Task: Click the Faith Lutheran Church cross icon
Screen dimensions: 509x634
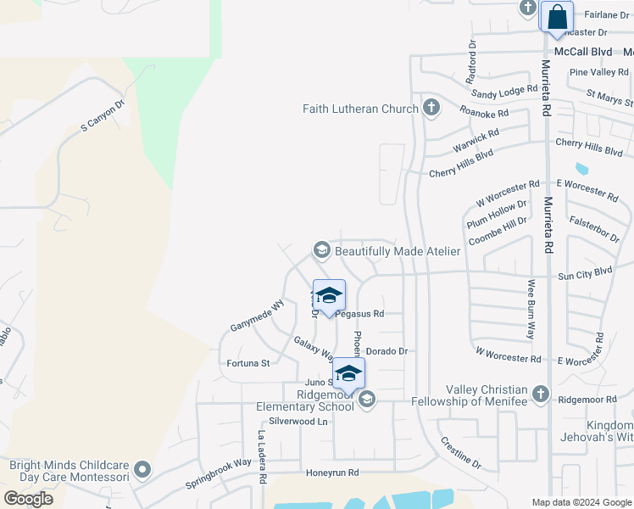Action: pos(431,109)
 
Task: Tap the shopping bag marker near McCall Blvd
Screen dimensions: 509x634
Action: pos(557,17)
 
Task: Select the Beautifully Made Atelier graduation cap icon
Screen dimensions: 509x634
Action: pos(321,250)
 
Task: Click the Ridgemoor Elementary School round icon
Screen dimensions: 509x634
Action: pos(367,399)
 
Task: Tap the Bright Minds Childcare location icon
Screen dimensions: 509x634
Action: pos(142,469)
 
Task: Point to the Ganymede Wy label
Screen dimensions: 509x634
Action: pos(257,316)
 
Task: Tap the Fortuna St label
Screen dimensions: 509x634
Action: pos(248,363)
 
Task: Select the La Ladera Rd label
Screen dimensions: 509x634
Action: pos(263,457)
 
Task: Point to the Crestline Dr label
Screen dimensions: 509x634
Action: pos(460,453)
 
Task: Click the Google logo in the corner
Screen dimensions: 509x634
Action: pos(29,498)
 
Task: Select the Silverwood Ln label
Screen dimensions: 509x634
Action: pos(298,421)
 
